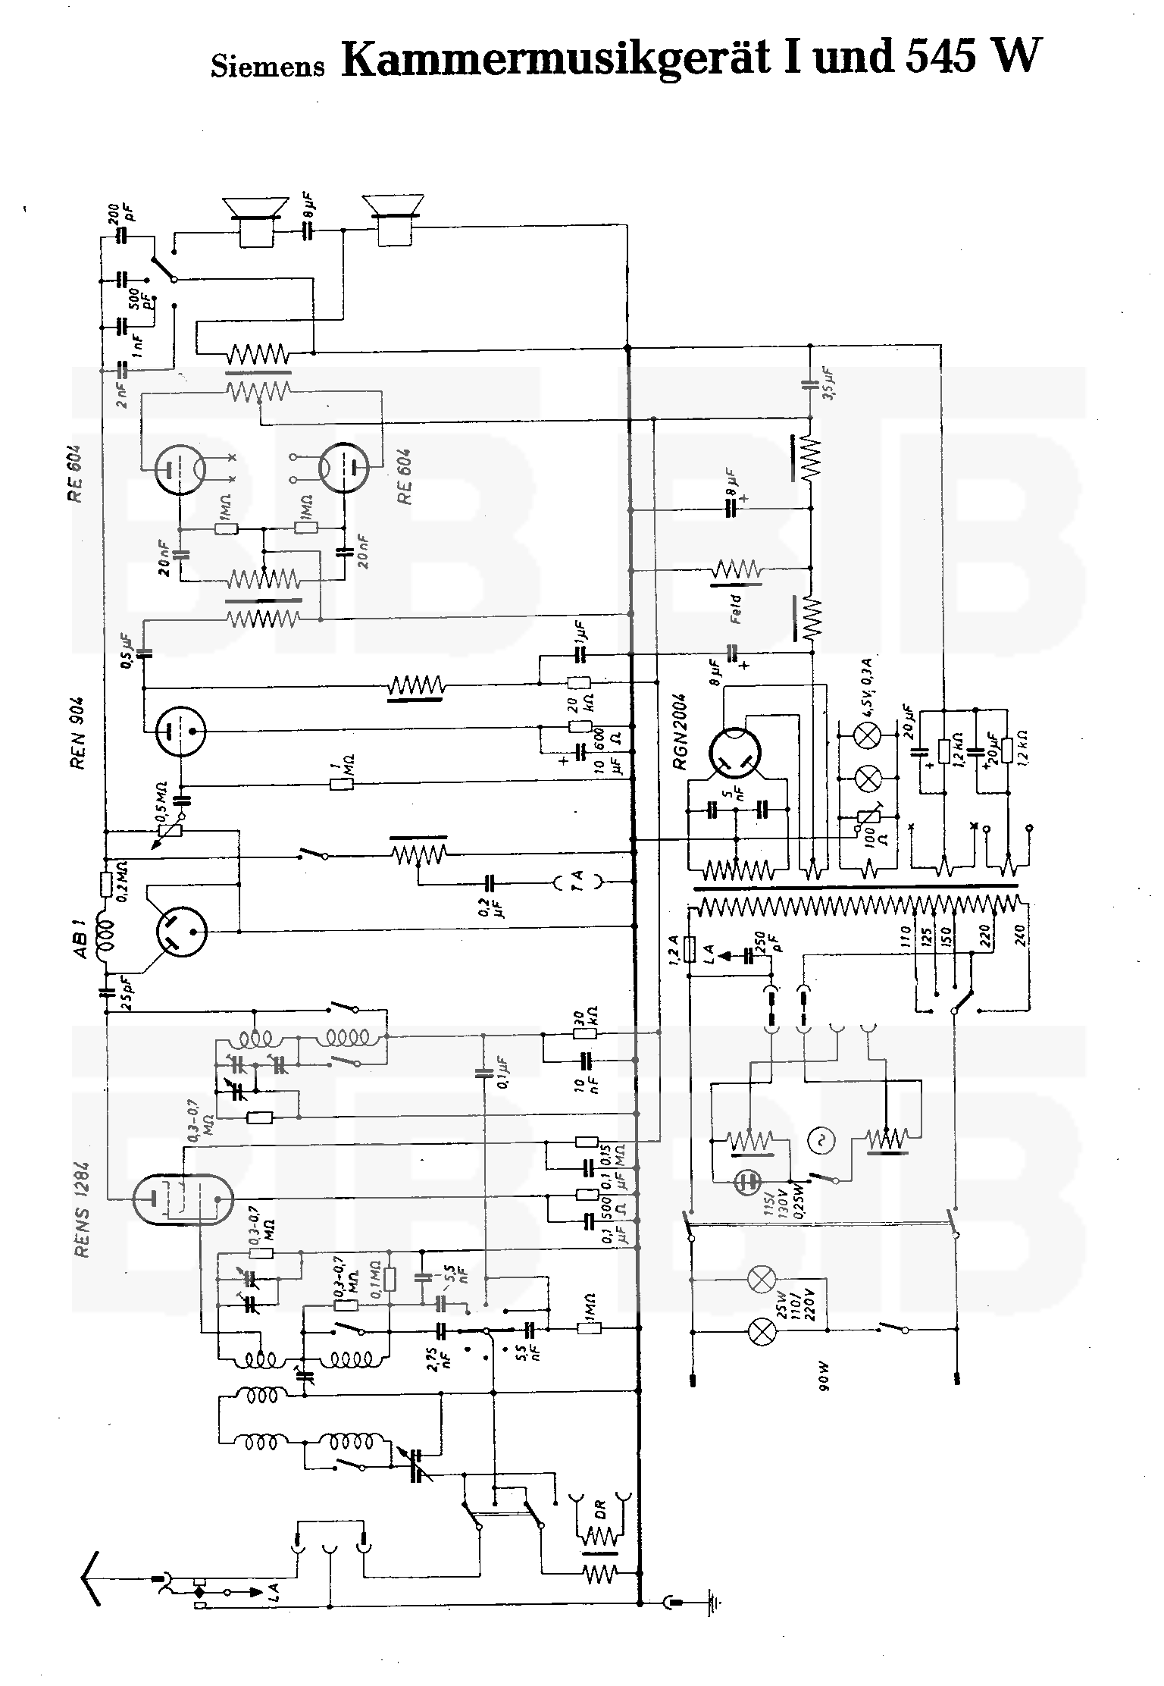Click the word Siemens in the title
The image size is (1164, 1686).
(268, 66)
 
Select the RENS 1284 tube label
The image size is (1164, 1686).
(82, 1209)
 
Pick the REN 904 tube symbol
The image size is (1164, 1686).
(181, 732)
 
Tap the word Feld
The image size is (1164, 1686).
(734, 609)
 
